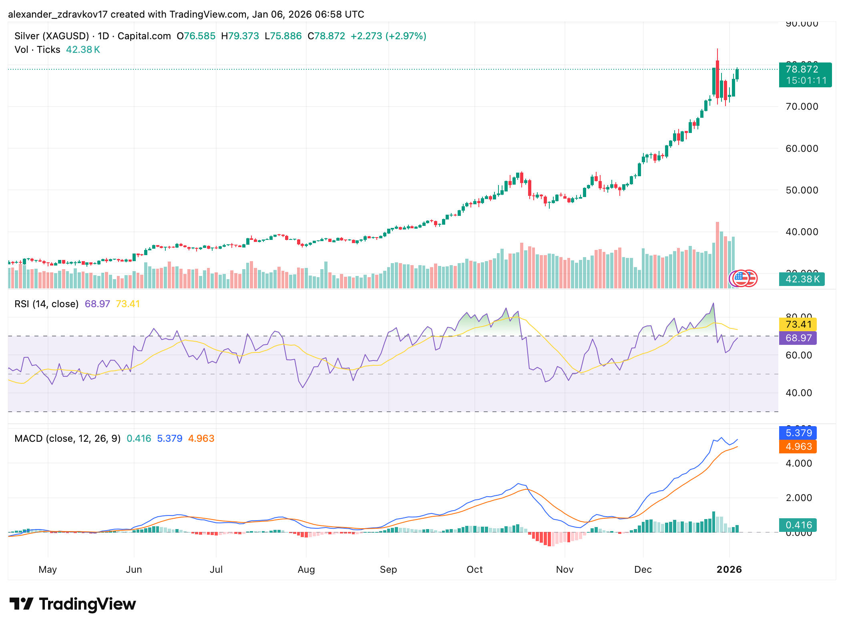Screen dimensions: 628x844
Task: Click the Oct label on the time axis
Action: [474, 569]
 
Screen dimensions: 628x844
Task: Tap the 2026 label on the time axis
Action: [729, 569]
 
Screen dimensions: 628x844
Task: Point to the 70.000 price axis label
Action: [802, 107]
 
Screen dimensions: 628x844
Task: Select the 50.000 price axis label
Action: [802, 190]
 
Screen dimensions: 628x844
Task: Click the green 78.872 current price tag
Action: [805, 75]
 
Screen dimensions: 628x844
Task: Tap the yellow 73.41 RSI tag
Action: [798, 324]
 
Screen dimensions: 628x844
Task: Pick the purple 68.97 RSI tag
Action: [798, 338]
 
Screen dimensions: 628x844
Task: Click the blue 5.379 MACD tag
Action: [798, 433]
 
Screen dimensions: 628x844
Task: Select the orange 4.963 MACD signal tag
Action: [798, 447]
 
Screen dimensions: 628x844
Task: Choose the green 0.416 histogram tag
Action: [798, 525]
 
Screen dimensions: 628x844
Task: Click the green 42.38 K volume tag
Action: [802, 279]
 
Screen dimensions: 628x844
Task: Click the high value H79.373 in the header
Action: [240, 36]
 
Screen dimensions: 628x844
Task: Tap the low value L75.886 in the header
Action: [283, 36]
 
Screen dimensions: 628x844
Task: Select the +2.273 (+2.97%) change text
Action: [388, 36]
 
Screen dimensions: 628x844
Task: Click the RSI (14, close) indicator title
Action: [46, 304]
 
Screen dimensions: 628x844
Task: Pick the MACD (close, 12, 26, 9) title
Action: [67, 439]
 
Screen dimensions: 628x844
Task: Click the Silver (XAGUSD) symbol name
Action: [52, 36]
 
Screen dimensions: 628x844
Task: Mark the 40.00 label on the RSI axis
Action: [798, 393]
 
